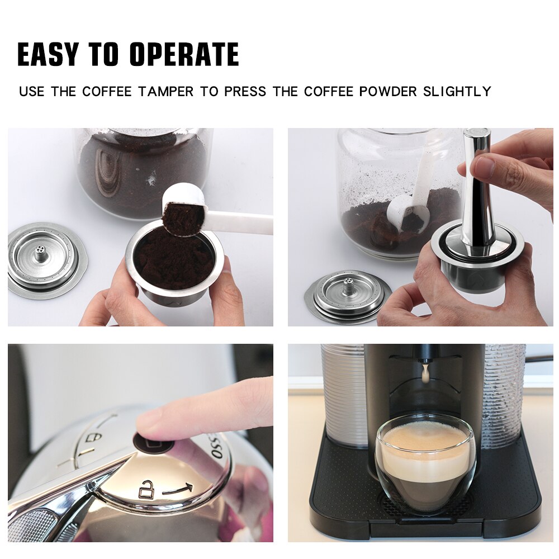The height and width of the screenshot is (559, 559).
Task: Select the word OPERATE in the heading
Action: (x=184, y=54)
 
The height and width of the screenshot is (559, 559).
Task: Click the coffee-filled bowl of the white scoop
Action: (x=182, y=215)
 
